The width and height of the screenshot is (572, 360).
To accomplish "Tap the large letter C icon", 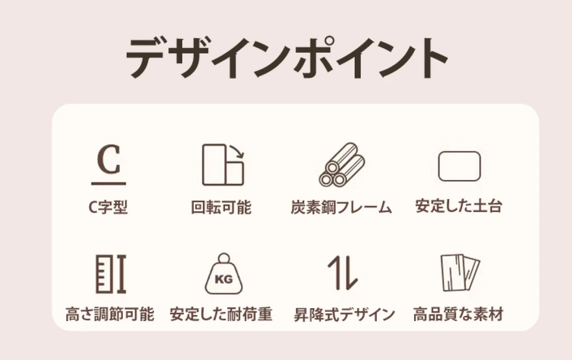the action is pos(108,159).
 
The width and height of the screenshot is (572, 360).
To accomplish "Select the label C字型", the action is pos(108,207).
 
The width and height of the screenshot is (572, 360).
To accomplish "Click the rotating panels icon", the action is pos(223,165).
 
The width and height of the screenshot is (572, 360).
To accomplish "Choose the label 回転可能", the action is pos(221,207).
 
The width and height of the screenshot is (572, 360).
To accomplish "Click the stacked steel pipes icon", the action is pos(342,165).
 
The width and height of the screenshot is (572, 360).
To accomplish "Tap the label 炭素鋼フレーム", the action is pos(341,207).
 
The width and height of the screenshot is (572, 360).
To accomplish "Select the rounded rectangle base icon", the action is pos(459,166).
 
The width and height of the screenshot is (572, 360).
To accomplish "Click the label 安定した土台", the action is pos(459,206).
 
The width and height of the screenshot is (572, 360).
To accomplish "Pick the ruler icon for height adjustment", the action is pos(111,274).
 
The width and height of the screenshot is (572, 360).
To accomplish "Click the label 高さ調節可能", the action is pos(110,314).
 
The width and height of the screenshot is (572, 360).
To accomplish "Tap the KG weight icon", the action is pos(224,274).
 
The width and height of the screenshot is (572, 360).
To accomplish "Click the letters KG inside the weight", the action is pos(224,279).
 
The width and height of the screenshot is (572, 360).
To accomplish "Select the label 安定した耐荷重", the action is pos(221,314).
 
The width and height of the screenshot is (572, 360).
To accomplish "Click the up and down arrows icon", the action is pos(342,273).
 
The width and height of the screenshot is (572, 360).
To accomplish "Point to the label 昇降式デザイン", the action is pos(345,314).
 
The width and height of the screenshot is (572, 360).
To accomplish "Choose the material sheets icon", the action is pos(460,273).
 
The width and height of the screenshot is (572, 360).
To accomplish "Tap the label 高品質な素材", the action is pos(459,314).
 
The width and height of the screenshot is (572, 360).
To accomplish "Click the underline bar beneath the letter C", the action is pos(108,183).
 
